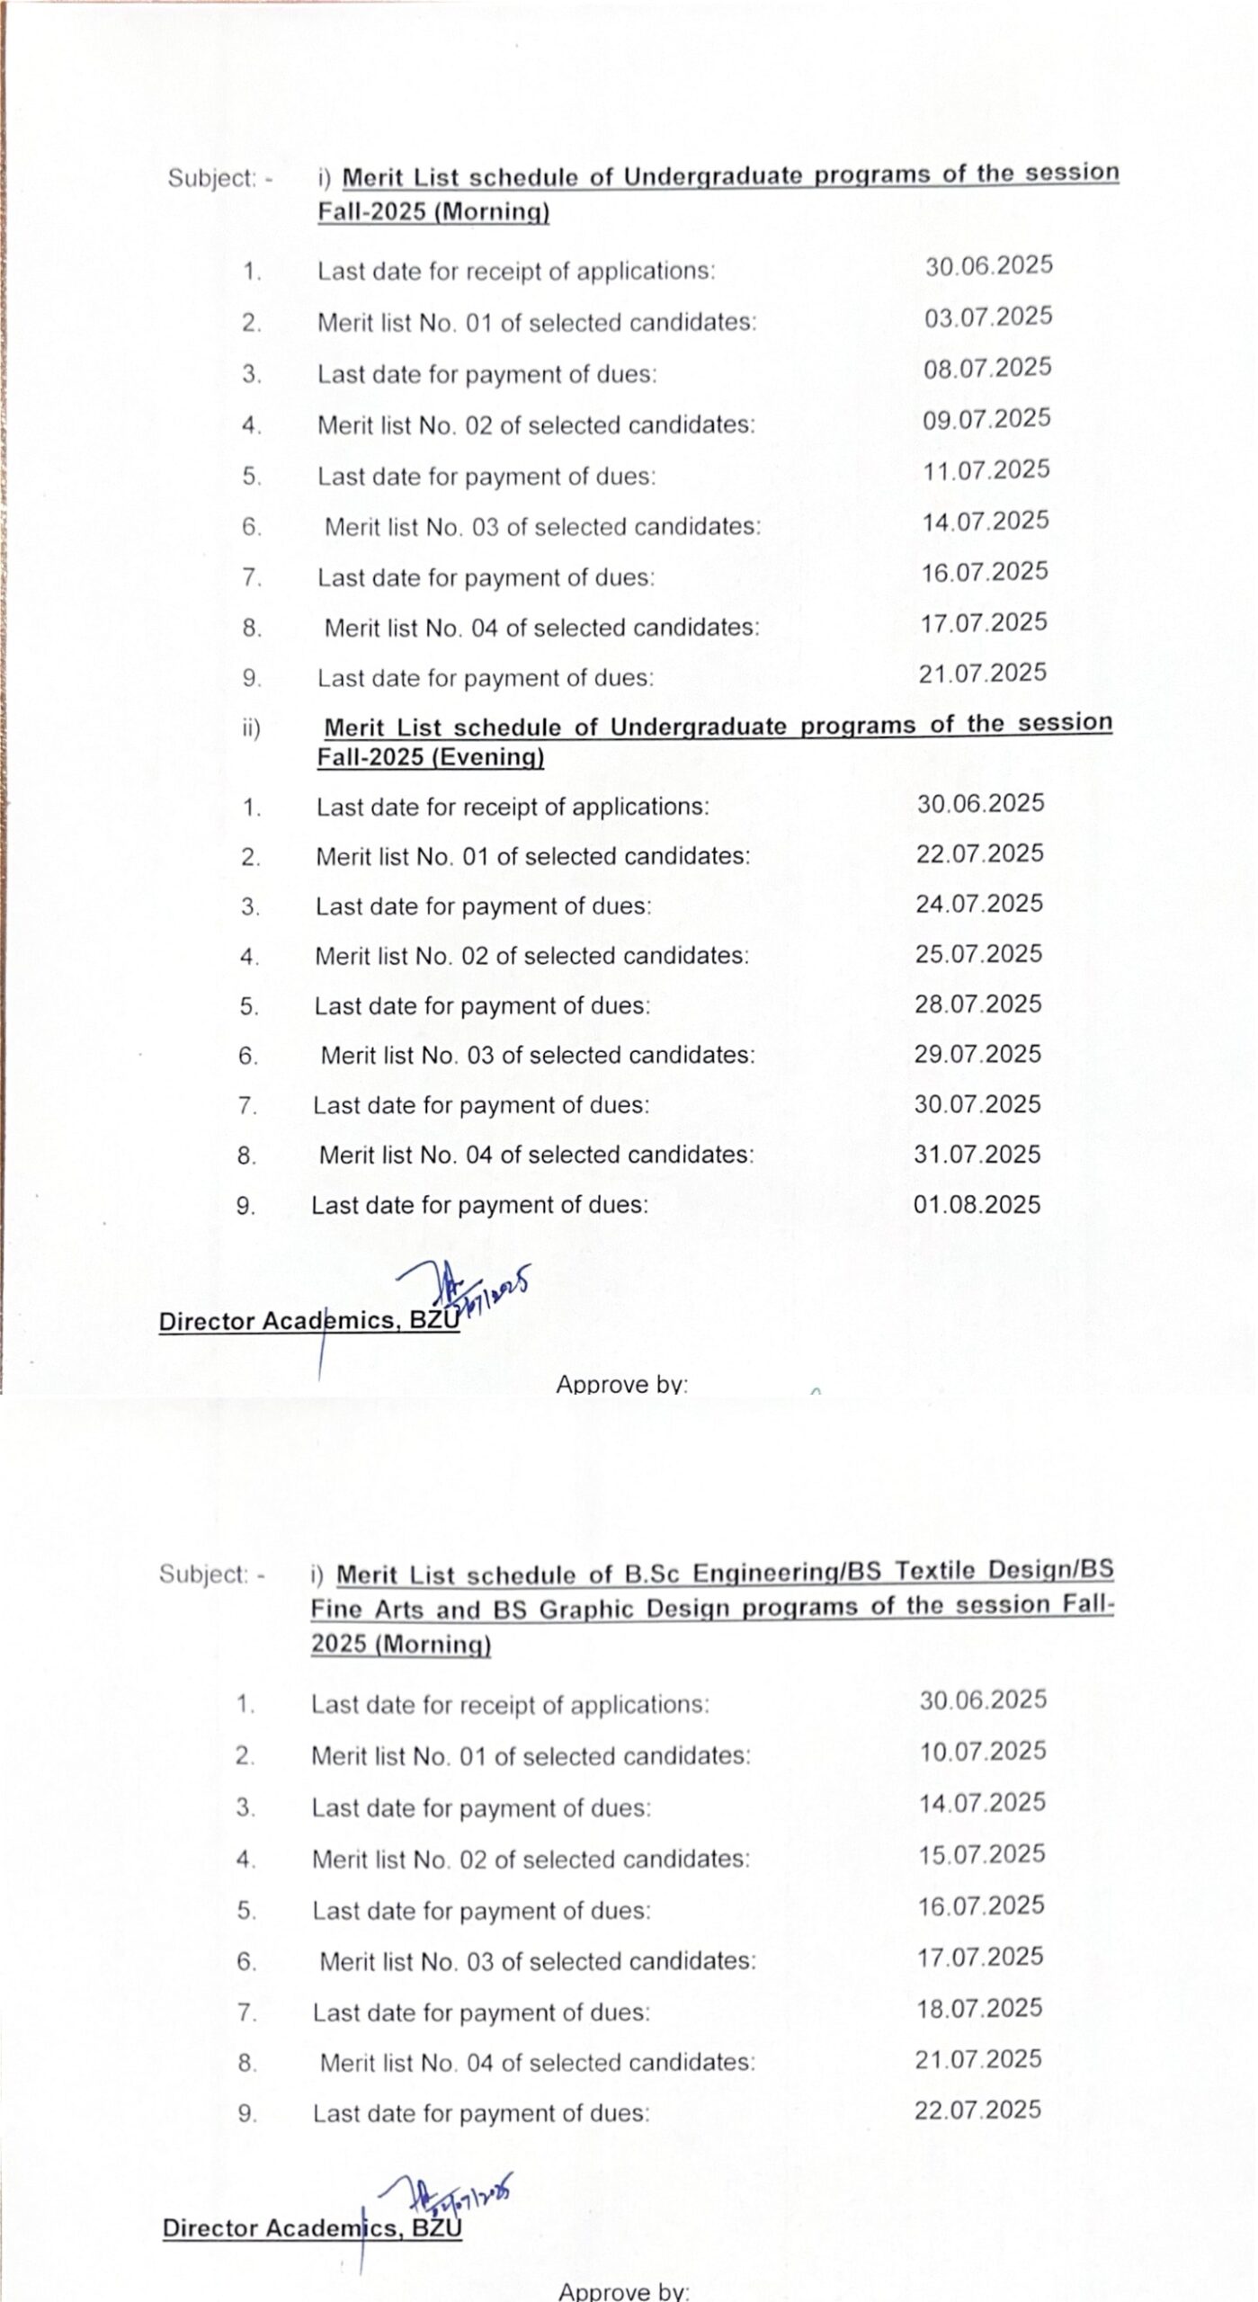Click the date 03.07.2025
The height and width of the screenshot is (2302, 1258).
[x=987, y=317]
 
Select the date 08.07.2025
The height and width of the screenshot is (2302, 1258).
[x=986, y=368]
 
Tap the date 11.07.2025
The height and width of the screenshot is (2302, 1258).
[x=986, y=470]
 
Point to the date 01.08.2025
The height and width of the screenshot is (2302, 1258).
[x=977, y=1204]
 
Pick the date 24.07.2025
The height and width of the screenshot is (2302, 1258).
[x=979, y=904]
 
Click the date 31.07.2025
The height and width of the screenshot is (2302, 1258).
[x=977, y=1154]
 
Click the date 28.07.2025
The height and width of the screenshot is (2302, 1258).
[x=978, y=1004]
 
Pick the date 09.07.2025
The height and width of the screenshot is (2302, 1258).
[x=986, y=419]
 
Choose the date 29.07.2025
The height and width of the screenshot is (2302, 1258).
[x=977, y=1054]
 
